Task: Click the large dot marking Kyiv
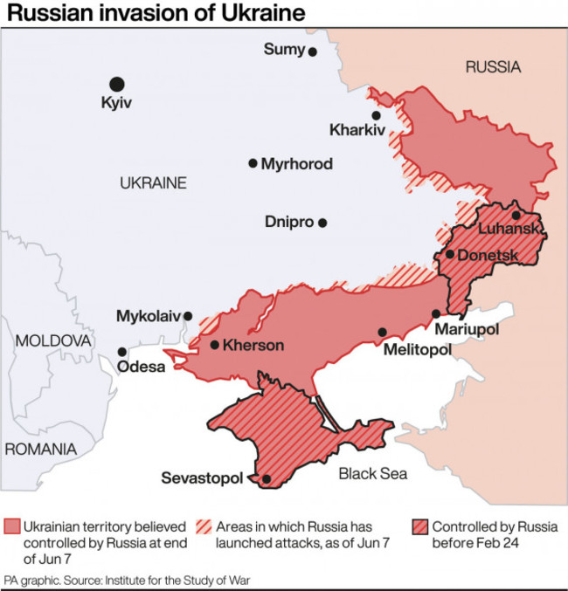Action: [x=116, y=84]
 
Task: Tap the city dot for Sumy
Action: [x=312, y=52]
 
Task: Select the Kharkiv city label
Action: [x=357, y=131]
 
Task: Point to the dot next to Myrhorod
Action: [x=253, y=163]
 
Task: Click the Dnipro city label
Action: [x=288, y=223]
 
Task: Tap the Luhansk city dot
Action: [x=516, y=215]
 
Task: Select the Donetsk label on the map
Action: [x=487, y=255]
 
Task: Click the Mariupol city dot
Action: [x=435, y=314]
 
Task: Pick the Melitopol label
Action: [x=417, y=349]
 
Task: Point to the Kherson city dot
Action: [x=215, y=345]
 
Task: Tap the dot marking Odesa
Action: [x=122, y=352]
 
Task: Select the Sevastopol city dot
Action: [x=266, y=478]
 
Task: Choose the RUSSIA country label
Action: [x=493, y=66]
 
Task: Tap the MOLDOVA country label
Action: [x=53, y=340]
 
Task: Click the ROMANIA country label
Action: [x=40, y=449]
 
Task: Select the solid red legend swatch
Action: [x=11, y=527]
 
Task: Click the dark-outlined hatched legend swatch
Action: [x=419, y=527]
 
